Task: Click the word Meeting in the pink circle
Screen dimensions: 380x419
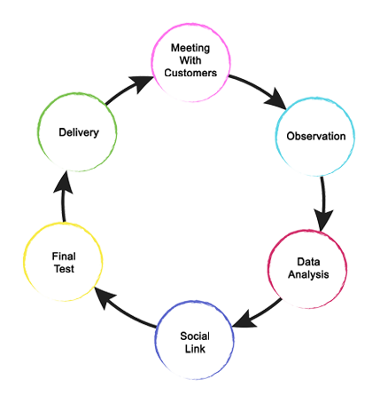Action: [x=190, y=48]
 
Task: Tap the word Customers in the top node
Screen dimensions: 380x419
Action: [x=190, y=73]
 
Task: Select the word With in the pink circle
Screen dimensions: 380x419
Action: [x=190, y=60]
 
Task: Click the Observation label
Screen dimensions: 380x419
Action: [x=316, y=136]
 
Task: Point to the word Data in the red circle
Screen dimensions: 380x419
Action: [x=308, y=262]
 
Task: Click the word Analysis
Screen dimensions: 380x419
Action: [x=308, y=274]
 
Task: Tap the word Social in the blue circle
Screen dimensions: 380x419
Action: [x=195, y=336]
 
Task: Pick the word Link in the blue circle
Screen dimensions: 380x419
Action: [x=195, y=349]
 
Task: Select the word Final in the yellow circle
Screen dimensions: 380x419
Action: [x=64, y=257]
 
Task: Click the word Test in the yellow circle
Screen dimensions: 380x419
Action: [x=64, y=269]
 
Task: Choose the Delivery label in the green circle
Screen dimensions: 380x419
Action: [x=79, y=132]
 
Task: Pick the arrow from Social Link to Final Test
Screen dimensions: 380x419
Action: [x=124, y=312]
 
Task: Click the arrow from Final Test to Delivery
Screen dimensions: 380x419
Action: [x=63, y=197]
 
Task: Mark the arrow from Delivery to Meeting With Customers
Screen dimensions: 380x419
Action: [x=129, y=89]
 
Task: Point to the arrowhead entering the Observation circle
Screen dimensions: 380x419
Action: [x=276, y=100]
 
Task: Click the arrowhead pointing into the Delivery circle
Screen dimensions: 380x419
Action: [x=64, y=182]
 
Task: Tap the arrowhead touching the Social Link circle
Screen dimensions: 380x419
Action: [x=244, y=320]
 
